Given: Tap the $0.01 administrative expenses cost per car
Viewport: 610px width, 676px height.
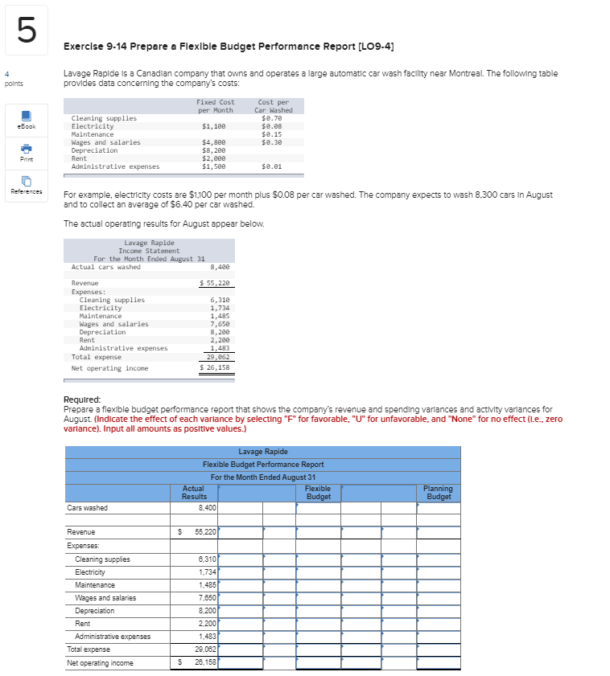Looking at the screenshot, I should point(273,166).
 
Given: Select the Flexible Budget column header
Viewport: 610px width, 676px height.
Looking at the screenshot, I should point(318,493).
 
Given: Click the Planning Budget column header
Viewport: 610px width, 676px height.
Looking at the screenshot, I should point(438,493).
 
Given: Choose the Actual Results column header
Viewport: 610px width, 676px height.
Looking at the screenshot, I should point(194,493).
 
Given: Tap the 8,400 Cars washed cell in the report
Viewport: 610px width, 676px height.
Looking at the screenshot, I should point(205,508).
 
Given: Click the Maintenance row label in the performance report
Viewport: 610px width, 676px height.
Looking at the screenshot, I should point(95,585).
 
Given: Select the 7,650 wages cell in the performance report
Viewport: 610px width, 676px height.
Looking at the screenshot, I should point(205,598).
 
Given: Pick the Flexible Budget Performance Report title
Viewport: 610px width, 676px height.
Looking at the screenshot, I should point(262,465).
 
